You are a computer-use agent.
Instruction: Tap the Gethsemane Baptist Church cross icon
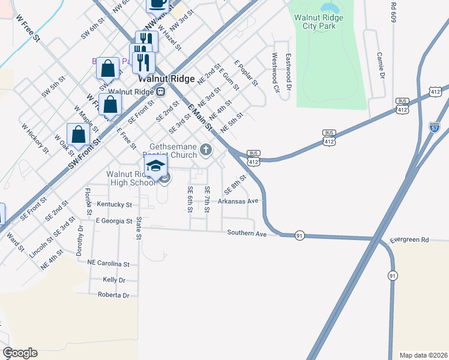click(206, 149)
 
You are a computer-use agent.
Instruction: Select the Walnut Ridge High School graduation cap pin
click(156, 167)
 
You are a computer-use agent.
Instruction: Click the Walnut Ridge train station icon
click(160, 92)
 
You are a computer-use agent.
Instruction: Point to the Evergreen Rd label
click(409, 240)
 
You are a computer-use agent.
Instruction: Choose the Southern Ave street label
click(247, 233)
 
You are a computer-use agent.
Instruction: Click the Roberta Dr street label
click(113, 295)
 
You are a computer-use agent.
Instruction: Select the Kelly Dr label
click(114, 280)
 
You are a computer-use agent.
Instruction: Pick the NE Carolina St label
click(108, 263)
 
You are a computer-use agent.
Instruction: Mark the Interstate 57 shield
click(435, 127)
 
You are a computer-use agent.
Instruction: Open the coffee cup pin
click(157, 4)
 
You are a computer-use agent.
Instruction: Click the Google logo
click(20, 353)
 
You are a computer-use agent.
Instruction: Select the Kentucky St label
click(114, 205)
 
